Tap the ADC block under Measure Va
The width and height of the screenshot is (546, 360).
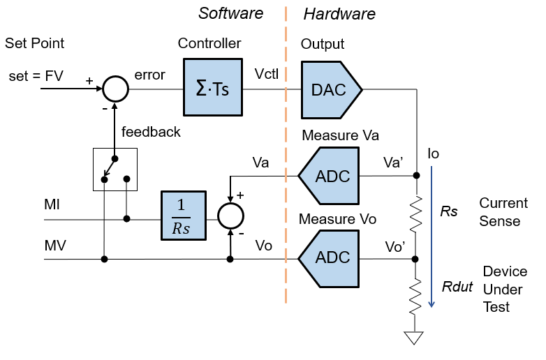[329, 176]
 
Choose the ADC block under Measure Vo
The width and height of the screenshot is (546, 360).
[329, 258]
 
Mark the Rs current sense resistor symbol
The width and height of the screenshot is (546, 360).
[416, 214]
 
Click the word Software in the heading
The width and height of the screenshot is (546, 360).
[231, 13]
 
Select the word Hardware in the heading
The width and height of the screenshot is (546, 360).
[339, 13]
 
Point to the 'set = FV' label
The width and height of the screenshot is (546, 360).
[36, 75]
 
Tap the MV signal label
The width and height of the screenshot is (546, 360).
[54, 246]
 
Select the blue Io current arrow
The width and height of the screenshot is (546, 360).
[433, 237]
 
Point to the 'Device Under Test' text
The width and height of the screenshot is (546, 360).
[505, 289]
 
